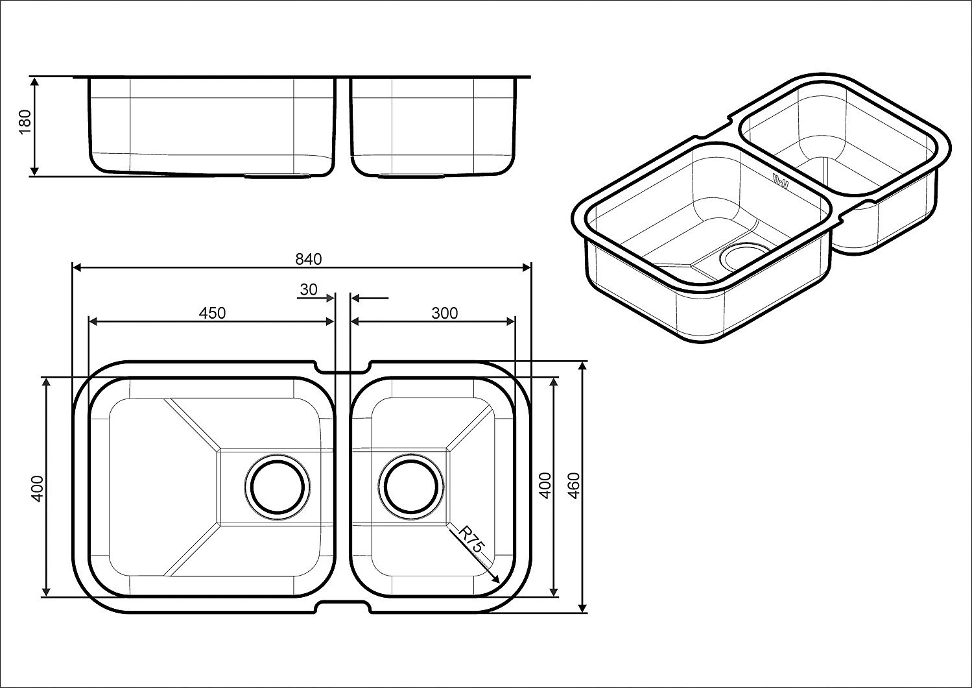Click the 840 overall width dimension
tap(309, 259)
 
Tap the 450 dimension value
tap(212, 313)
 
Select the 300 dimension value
tap(444, 313)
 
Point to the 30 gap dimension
tap(309, 289)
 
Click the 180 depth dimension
tap(25, 121)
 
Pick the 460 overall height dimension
tap(574, 485)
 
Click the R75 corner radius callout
tap(471, 539)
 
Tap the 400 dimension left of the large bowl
tap(37, 487)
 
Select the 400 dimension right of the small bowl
tap(545, 485)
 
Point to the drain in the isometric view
tap(744, 256)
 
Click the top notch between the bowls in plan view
tap(342, 368)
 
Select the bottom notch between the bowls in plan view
tap(342, 606)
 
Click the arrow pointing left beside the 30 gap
tap(370, 299)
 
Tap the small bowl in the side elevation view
tap(433, 127)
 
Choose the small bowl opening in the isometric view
tap(838, 138)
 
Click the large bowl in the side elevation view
tap(212, 127)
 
